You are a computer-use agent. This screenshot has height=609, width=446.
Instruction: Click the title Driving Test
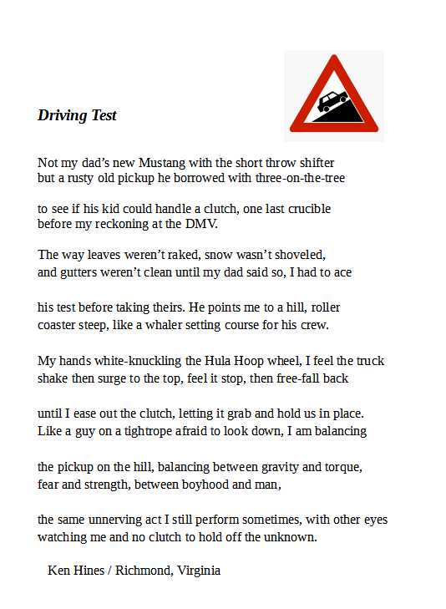click(77, 115)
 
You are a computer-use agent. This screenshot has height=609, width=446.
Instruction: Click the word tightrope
click(144, 432)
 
